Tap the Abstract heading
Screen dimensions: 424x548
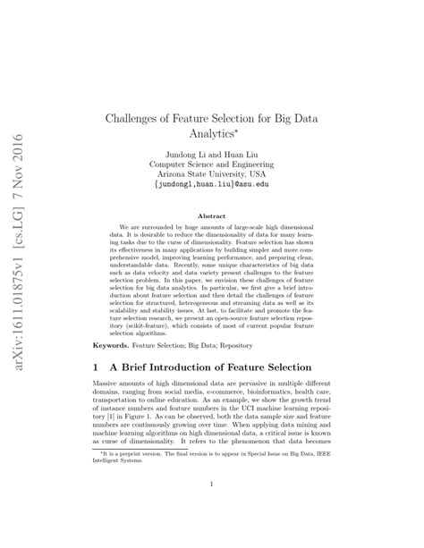[210, 216]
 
